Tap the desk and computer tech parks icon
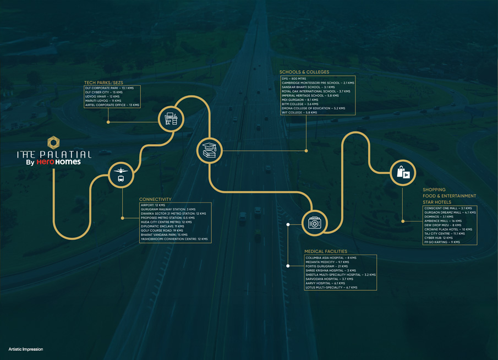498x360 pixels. click(171, 118)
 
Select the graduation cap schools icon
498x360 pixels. click(210, 149)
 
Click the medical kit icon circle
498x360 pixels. click(314, 222)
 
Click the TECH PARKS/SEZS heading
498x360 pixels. click(104, 82)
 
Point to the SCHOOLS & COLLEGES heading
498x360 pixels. click(304, 72)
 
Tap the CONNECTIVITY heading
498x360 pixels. click(155, 199)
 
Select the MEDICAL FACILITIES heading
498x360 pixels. click(327, 251)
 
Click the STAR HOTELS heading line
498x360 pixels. click(437, 203)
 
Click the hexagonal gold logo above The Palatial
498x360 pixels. click(53, 142)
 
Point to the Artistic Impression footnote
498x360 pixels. click(26, 350)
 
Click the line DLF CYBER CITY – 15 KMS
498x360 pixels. click(103, 92)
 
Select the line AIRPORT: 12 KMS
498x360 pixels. click(153, 205)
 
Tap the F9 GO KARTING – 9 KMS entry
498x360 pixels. click(442, 242)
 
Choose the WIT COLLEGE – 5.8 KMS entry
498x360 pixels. click(300, 112)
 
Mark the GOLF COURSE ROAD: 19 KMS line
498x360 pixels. click(162, 231)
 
